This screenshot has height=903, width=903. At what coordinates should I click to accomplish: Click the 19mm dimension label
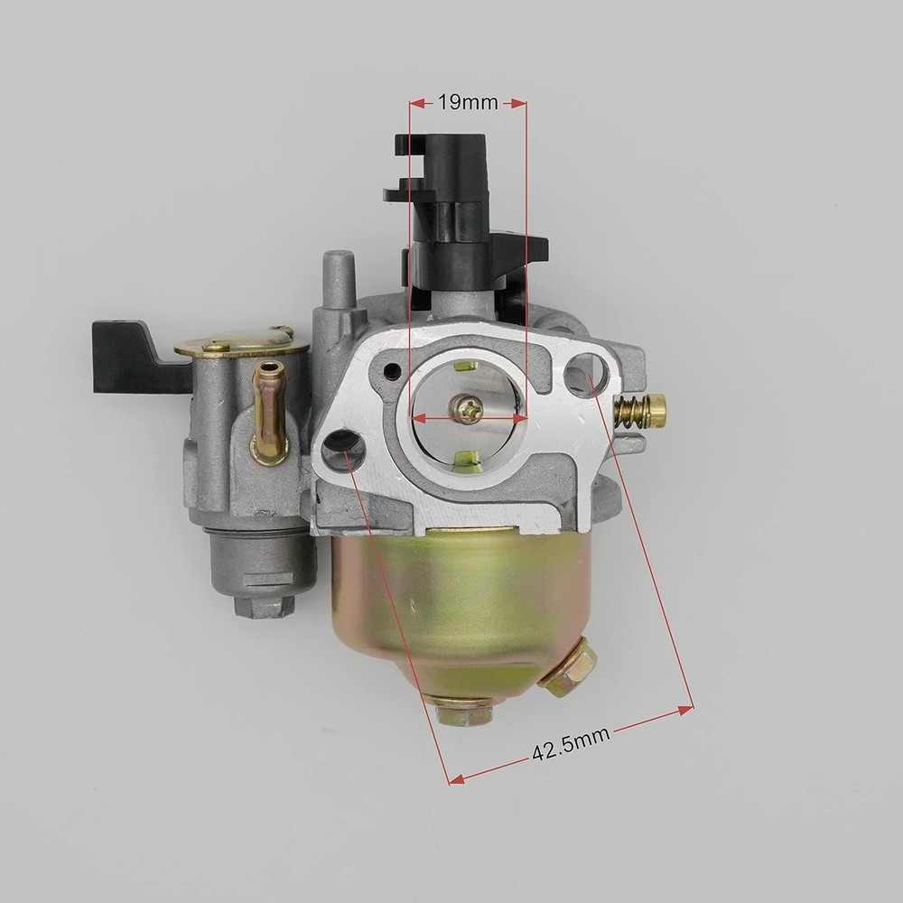pyautogui.click(x=468, y=103)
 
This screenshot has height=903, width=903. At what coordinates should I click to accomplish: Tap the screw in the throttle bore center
pyautogui.click(x=468, y=411)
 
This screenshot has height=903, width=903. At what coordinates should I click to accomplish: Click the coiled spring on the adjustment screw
pyautogui.click(x=631, y=413)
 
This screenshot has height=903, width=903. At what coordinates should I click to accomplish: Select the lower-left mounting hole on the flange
pyautogui.click(x=343, y=449)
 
